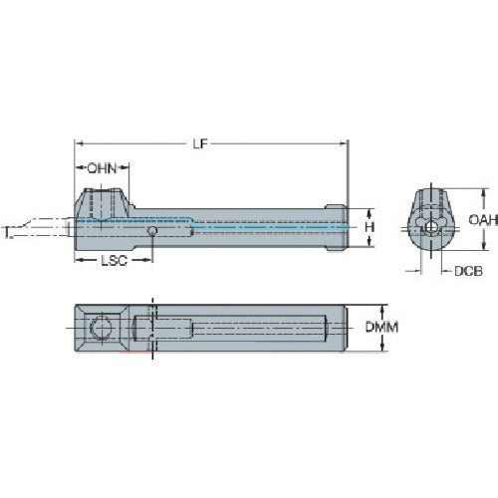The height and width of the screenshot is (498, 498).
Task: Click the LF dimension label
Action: click(x=200, y=143)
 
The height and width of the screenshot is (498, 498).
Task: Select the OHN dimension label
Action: click(x=102, y=168)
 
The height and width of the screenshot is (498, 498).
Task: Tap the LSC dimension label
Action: click(x=114, y=261)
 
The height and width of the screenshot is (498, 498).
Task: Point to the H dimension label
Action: click(x=370, y=227)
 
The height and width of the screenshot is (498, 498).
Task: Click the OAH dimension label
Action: click(x=483, y=219)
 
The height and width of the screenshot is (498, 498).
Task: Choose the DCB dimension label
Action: click(x=468, y=271)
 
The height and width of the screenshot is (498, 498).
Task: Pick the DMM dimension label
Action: click(x=381, y=328)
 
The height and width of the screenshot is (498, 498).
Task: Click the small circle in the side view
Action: click(x=152, y=231)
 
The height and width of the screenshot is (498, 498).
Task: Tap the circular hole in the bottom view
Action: click(x=101, y=328)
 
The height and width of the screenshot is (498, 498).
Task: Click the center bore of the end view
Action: click(x=430, y=227)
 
